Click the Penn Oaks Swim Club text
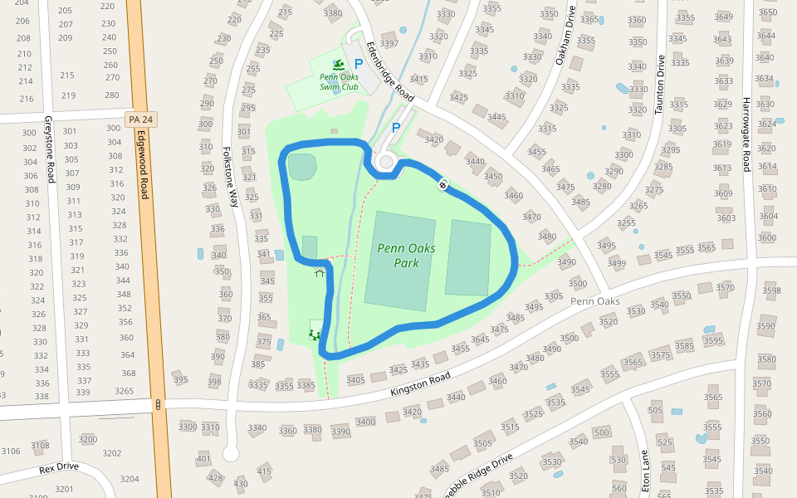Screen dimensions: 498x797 point(339,81)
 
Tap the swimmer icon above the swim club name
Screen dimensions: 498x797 point(338,64)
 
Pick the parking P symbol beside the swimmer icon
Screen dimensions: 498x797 point(359,63)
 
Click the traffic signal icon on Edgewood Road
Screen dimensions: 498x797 point(157,404)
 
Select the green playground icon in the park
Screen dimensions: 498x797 point(314,334)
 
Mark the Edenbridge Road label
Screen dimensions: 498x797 point(389,70)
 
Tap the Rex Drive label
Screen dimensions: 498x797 point(58,468)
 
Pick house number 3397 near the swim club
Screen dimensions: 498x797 point(389,43)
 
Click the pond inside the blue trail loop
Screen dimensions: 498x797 point(301,167)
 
